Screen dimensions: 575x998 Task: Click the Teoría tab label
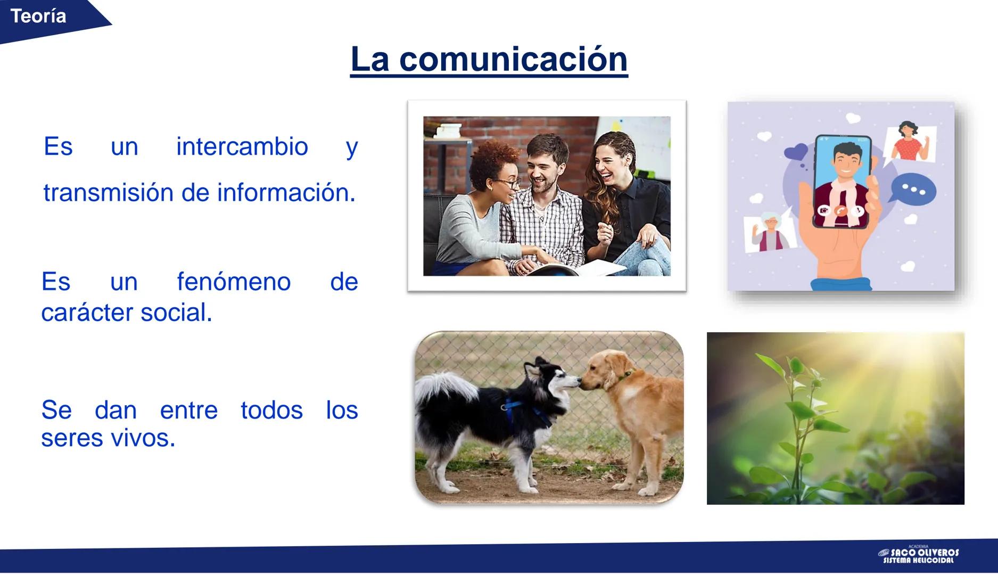pyautogui.click(x=38, y=16)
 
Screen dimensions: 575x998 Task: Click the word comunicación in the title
pyautogui.click(x=513, y=59)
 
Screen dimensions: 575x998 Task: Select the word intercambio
pyautogui.click(x=242, y=146)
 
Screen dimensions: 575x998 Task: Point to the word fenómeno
pyautogui.click(x=234, y=282)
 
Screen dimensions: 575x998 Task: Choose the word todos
pyautogui.click(x=271, y=410)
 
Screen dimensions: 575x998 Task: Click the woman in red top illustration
pyautogui.click(x=908, y=141)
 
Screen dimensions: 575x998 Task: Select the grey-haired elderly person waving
pyautogui.click(x=769, y=232)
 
